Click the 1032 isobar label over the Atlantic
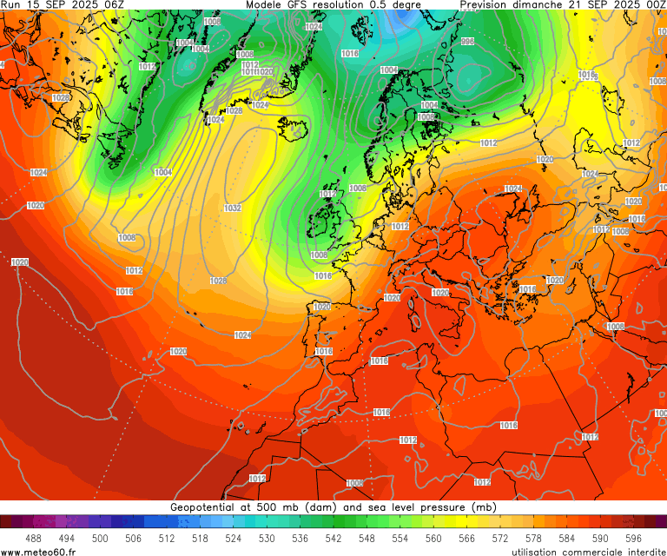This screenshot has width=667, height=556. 232,208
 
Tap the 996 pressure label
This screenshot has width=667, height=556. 467,42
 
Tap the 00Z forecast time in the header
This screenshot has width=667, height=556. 655,5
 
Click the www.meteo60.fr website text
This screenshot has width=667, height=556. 38,551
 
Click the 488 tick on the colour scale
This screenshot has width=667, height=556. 34,539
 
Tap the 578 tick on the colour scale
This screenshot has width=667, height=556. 533,539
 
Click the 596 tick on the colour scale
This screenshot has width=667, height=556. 633,539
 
